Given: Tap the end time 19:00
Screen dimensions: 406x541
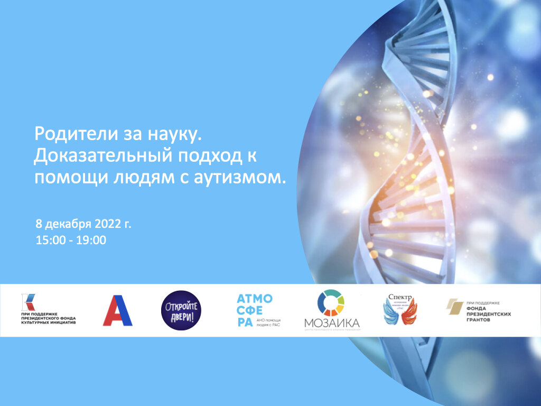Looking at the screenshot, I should pyautogui.click(x=92, y=241).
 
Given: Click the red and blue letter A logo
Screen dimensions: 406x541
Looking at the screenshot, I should pyautogui.click(x=117, y=310).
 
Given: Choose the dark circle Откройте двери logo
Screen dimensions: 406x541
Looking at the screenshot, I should pyautogui.click(x=181, y=310).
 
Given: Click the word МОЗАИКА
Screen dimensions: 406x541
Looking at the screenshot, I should pyautogui.click(x=332, y=323).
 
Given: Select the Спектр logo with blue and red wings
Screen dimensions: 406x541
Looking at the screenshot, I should pyautogui.click(x=399, y=310).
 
